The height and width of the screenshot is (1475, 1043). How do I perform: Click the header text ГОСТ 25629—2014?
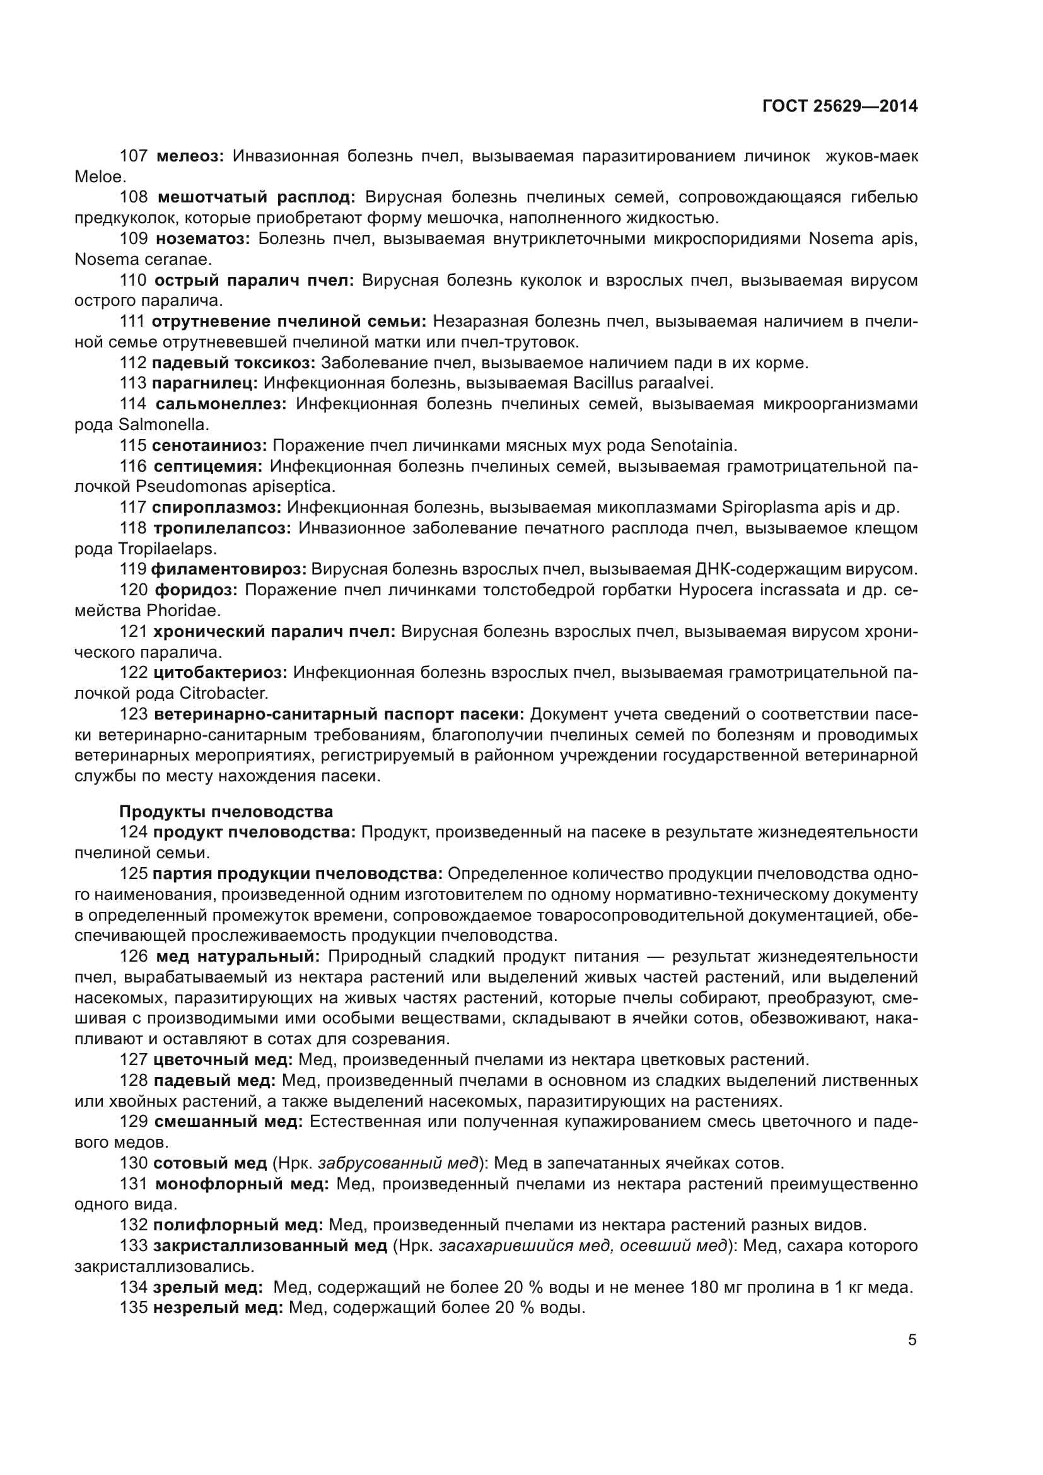pyautogui.click(x=839, y=107)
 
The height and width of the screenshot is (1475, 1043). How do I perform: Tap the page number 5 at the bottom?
pyautogui.click(x=912, y=1340)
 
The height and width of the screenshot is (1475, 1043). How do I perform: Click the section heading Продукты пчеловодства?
pyautogui.click(x=226, y=812)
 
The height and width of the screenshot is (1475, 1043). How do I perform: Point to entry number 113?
pyautogui.click(x=133, y=383)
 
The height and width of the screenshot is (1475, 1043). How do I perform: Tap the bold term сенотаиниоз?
pyautogui.click(x=209, y=445)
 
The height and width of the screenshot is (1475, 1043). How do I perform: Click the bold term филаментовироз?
pyautogui.click(x=229, y=569)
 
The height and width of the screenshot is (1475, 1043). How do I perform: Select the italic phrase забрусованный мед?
pyautogui.click(x=398, y=1163)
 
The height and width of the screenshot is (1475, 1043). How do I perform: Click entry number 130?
pyautogui.click(x=133, y=1163)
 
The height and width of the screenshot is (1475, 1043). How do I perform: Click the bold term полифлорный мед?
pyautogui.click(x=238, y=1225)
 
